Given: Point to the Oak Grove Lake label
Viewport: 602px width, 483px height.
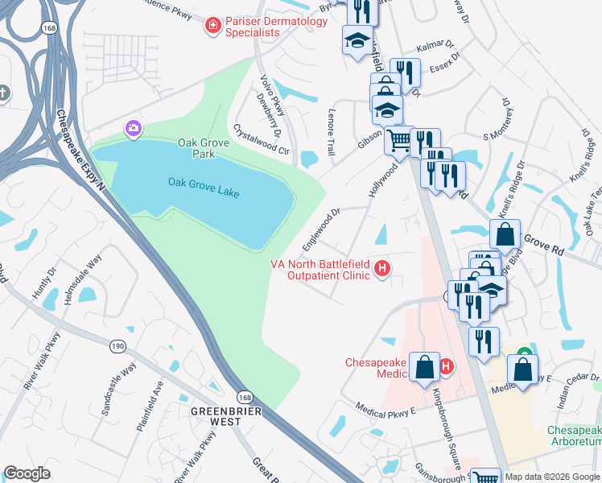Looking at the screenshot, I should click(204, 183).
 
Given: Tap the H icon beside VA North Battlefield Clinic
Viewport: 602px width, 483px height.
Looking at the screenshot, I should click(383, 269).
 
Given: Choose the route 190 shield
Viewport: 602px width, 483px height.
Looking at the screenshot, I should click(118, 345).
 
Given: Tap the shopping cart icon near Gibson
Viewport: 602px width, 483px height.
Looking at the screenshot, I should click(398, 142).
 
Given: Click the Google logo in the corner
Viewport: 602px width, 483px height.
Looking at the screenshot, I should click(27, 474).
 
